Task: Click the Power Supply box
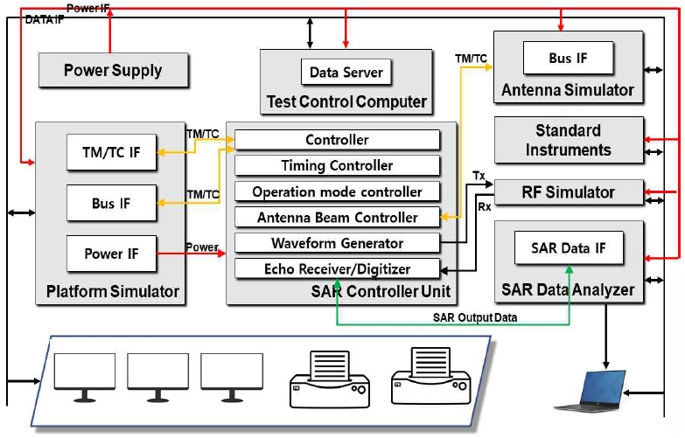pos(113,70)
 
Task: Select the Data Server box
pos(346,72)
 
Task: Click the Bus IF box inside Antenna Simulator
pos(567,59)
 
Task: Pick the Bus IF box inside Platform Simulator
pos(110,203)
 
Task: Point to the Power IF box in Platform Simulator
pos(110,254)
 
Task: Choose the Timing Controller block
pos(336,165)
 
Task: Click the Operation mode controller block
pos(336,191)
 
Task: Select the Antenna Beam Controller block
pos(336,217)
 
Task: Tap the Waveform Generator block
pos(336,243)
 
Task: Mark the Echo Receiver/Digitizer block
pos(336,269)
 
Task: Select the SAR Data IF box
pos(568,248)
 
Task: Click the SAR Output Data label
pos(474,316)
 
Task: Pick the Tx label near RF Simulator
pos(478,175)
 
